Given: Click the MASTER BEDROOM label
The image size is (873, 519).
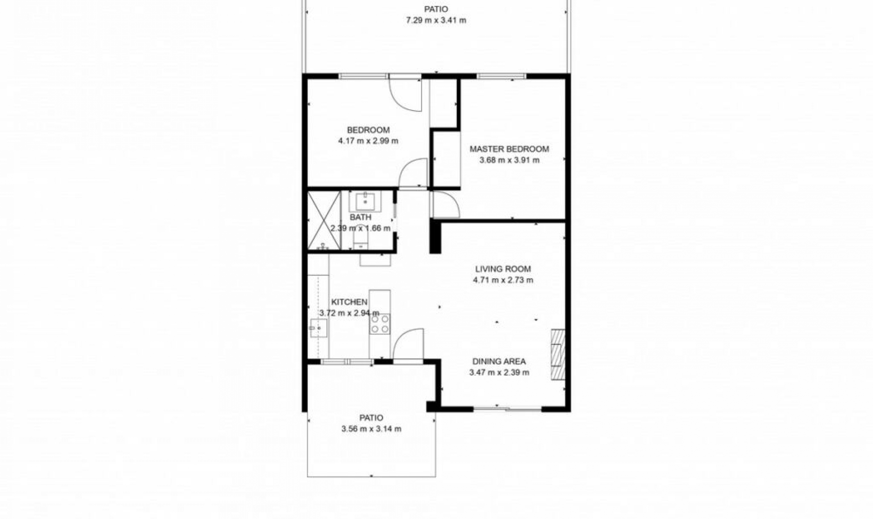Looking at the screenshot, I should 509,149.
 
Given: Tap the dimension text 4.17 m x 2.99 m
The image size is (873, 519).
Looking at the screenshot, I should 368,141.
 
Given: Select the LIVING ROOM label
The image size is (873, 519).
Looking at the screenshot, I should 503,269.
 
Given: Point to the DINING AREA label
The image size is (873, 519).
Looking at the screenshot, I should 499,361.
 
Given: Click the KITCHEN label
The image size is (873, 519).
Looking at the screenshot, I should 349,302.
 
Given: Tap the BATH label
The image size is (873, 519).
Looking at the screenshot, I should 360,218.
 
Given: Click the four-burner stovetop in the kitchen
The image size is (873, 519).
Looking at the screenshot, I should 380,324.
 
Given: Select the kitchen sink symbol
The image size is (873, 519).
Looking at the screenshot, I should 318,328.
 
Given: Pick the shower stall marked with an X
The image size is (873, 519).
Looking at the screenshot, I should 324,221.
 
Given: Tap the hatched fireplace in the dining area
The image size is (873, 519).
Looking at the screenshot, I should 557,354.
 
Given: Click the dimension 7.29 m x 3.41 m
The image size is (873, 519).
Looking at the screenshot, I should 436,20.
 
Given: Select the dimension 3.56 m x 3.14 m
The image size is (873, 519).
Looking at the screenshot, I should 371,429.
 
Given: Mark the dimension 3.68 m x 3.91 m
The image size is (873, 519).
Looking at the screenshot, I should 509,160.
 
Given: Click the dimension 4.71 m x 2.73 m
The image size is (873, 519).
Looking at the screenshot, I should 503,280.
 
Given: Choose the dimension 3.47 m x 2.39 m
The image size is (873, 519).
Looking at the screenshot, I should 499,373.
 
